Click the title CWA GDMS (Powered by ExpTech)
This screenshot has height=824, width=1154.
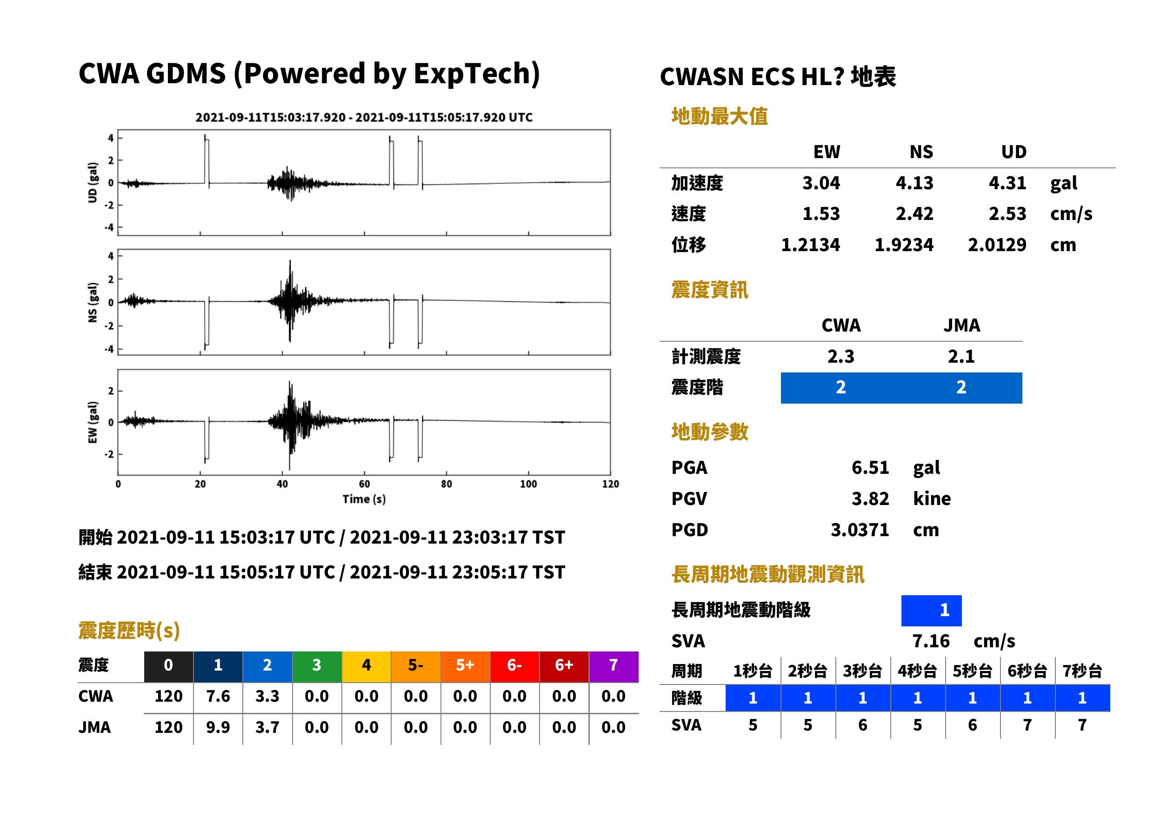[309, 73]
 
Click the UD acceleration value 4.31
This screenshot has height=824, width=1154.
[1007, 183]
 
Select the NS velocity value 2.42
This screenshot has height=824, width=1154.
[914, 213]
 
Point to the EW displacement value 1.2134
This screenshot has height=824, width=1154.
[810, 245]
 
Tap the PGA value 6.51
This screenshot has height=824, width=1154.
[870, 467]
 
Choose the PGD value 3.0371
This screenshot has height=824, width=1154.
[860, 530]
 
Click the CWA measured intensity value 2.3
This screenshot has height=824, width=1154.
[841, 356]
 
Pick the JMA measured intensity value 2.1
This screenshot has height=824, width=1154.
[961, 356]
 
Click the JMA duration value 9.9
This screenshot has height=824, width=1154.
[218, 727]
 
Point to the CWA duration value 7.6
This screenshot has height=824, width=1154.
[218, 696]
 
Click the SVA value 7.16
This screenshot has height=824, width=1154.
[931, 641]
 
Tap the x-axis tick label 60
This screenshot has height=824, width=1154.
[364, 484]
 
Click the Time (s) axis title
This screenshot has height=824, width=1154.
[364, 499]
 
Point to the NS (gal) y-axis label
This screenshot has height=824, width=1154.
[93, 302]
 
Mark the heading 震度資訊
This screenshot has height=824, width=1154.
[709, 290]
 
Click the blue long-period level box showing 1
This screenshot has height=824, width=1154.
[931, 611]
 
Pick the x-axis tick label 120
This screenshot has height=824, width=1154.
[611, 484]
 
